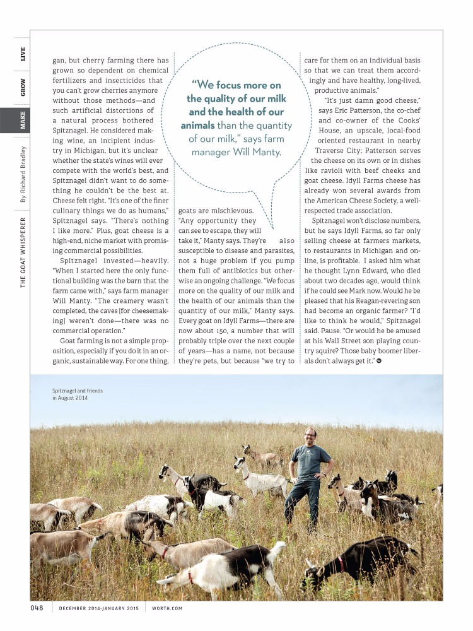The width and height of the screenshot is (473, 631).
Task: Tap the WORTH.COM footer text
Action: click(x=166, y=608)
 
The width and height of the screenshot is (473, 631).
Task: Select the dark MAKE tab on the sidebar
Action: click(x=23, y=121)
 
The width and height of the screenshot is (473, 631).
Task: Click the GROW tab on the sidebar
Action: click(x=23, y=87)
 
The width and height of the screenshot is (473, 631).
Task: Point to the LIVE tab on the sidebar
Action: click(x=23, y=54)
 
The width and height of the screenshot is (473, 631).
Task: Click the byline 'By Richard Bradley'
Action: click(x=23, y=174)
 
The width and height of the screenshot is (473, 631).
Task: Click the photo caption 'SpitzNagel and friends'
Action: click(x=78, y=391)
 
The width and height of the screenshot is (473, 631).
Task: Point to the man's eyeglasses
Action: click(x=310, y=435)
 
